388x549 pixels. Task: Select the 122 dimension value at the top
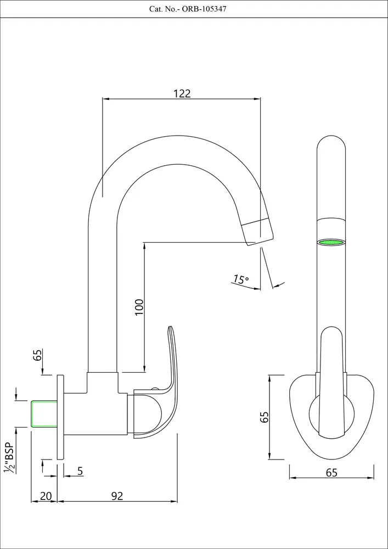point(182,93)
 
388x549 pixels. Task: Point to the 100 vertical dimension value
point(139,306)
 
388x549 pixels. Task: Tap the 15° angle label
point(240,279)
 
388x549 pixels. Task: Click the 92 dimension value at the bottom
point(117,496)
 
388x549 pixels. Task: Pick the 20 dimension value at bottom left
point(46,496)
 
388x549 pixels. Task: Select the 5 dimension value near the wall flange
point(80,470)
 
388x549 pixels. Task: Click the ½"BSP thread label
point(9,456)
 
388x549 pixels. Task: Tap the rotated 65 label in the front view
point(265,417)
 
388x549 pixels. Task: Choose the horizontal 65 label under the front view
point(331,473)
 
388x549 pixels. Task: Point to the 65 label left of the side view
point(38,355)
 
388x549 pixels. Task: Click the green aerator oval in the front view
point(331,242)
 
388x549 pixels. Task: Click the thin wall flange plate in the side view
point(60,417)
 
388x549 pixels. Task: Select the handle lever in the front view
point(331,379)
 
